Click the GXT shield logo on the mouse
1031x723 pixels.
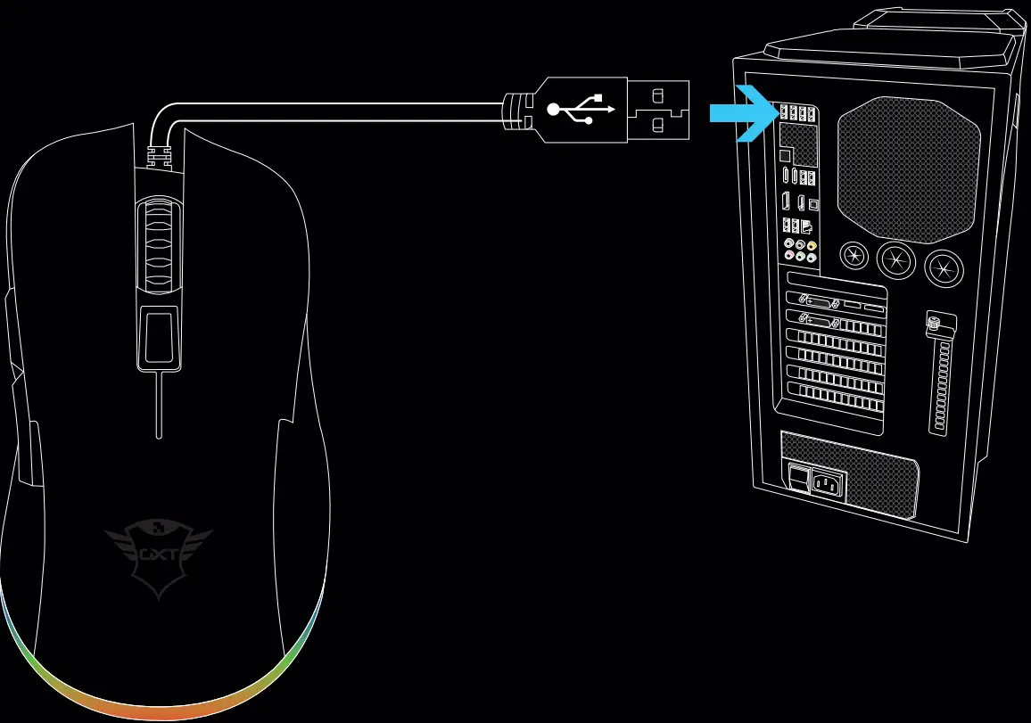[x=158, y=556]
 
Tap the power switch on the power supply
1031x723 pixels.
[x=798, y=480]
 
